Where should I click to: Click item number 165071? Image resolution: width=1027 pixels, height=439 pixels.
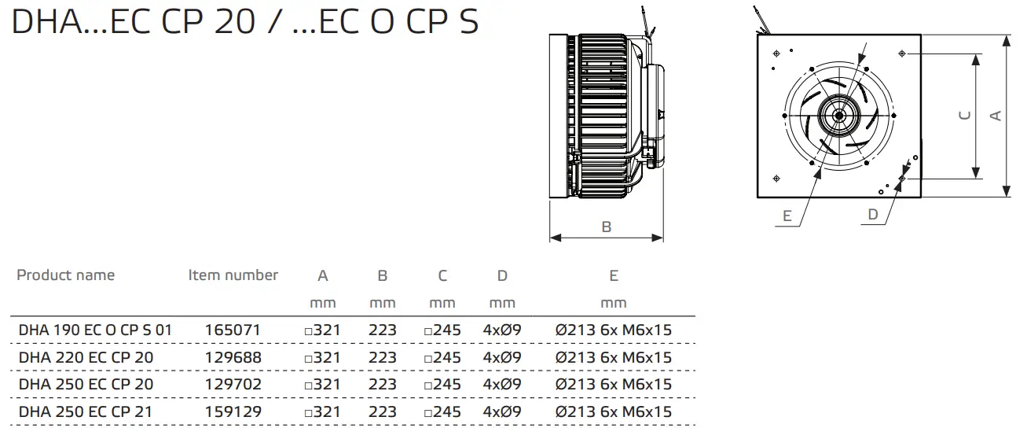click(x=233, y=330)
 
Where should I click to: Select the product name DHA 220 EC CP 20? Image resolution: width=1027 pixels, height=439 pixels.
click(x=86, y=357)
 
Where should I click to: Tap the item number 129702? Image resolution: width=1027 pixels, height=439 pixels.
click(x=233, y=384)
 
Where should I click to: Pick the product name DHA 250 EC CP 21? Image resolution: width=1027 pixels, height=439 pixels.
click(x=86, y=411)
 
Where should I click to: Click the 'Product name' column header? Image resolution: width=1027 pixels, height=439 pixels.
click(x=65, y=275)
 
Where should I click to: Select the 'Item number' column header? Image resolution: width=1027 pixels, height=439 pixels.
click(x=233, y=275)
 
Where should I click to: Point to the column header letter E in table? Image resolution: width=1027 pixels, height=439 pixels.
click(x=614, y=276)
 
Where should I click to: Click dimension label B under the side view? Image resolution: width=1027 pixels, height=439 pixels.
click(x=606, y=227)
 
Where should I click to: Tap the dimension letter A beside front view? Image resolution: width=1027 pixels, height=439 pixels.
click(x=996, y=116)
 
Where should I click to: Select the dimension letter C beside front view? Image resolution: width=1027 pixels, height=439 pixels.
click(x=966, y=116)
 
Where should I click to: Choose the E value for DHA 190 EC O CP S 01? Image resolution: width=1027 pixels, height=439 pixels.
click(x=614, y=330)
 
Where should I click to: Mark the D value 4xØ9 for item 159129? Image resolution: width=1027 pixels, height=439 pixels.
click(x=502, y=411)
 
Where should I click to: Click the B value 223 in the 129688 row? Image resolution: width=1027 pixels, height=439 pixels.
click(x=383, y=357)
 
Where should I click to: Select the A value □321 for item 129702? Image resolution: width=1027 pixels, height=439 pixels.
click(x=322, y=384)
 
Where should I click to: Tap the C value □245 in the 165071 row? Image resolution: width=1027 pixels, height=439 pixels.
click(x=442, y=330)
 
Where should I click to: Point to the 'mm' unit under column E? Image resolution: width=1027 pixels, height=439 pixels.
click(x=614, y=303)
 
